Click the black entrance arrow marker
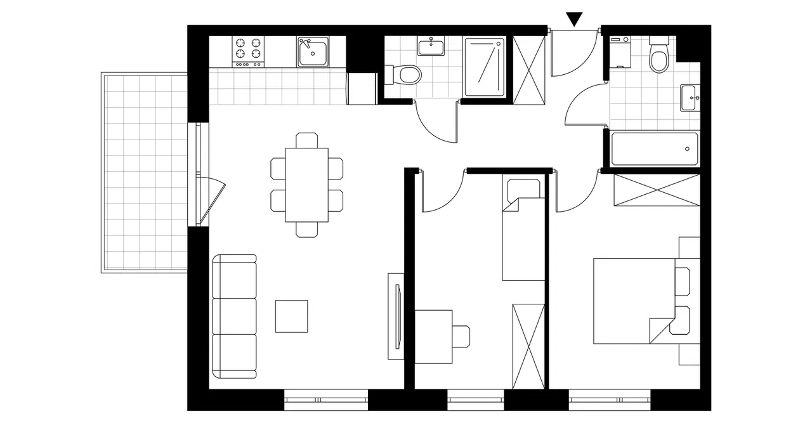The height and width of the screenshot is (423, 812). pyautogui.click(x=574, y=18)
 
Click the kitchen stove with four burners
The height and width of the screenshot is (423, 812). pyautogui.click(x=249, y=51)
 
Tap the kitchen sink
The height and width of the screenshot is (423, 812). pyautogui.click(x=313, y=52)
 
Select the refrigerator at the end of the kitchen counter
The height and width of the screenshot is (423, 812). pyautogui.click(x=362, y=88)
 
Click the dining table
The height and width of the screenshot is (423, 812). pyautogui.click(x=306, y=185)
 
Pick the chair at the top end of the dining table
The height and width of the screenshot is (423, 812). pyautogui.click(x=306, y=140)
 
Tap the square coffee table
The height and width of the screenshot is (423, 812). pyautogui.click(x=292, y=316)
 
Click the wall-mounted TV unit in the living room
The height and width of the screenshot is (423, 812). pyautogui.click(x=396, y=315)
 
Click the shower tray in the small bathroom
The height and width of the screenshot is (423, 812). pyautogui.click(x=485, y=67)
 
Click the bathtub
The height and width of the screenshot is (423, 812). pyautogui.click(x=654, y=148)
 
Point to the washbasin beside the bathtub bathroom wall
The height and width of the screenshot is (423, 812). pyautogui.click(x=691, y=98)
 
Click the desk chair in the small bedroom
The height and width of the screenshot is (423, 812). pyautogui.click(x=461, y=336)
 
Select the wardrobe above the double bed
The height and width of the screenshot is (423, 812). pyautogui.click(x=657, y=190)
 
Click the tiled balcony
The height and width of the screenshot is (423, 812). pyautogui.click(x=145, y=171)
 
